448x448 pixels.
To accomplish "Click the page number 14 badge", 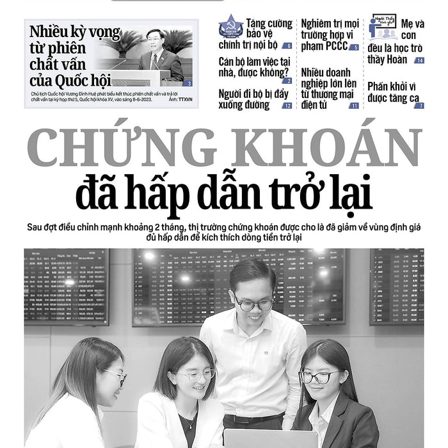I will pos(419,60).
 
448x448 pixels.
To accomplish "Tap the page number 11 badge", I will pos(354,106).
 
